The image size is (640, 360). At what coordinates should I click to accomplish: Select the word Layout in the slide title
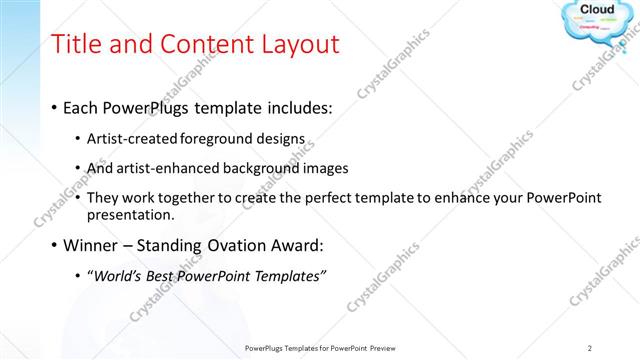pos(296,44)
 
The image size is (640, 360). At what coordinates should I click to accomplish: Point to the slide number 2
pos(590,348)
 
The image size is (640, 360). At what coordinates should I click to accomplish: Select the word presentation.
pos(132,214)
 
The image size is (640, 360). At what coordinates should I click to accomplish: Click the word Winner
pos(92,245)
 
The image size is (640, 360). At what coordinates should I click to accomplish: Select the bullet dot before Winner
pos(52,245)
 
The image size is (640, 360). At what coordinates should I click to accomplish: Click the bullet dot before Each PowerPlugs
pos(52,107)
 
